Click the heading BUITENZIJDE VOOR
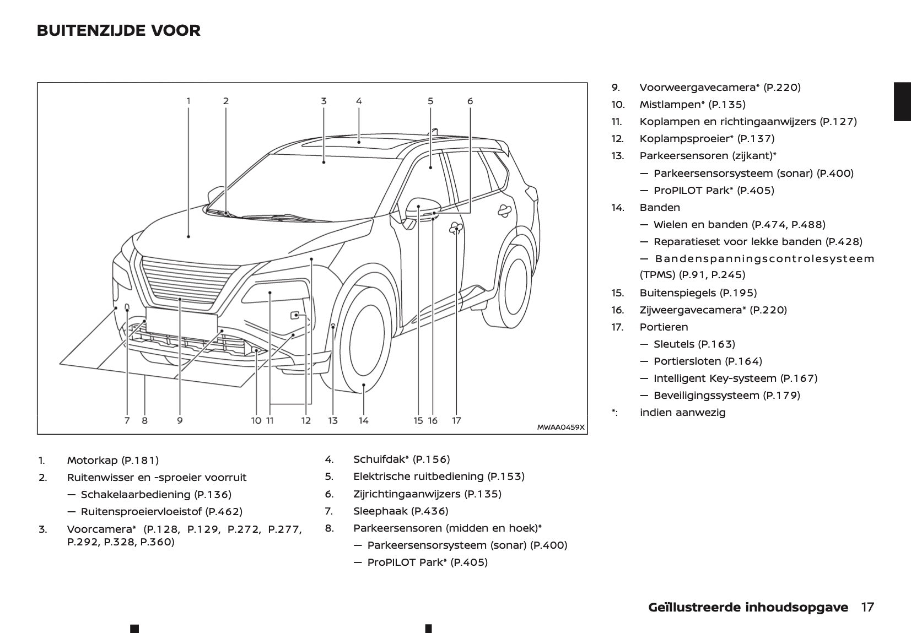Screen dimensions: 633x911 [x=118, y=30]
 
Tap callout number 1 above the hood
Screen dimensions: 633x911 [x=188, y=101]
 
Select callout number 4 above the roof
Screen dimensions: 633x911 [x=359, y=101]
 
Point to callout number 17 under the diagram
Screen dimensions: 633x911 [x=456, y=420]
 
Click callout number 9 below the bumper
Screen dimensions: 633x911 [x=180, y=420]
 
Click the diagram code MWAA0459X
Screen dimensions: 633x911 [x=560, y=427]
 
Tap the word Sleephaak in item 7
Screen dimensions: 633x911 [x=380, y=511]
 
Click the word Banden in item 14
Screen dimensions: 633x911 [x=660, y=207]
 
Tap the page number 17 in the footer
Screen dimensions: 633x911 [x=867, y=607]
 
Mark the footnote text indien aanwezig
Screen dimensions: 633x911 [x=682, y=412]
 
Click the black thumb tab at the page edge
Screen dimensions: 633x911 [x=902, y=101]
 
